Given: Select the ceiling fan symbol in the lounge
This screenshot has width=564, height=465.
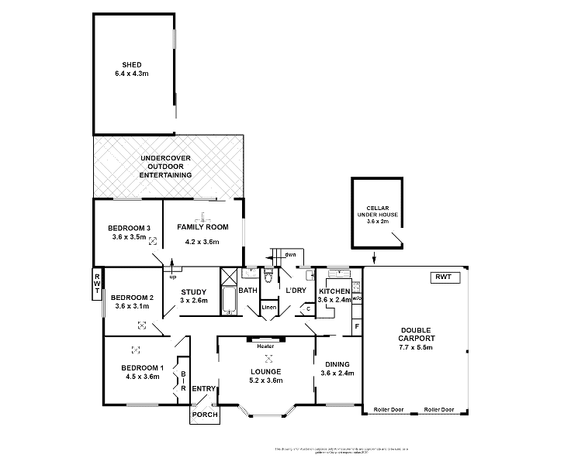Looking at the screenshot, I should [268, 358].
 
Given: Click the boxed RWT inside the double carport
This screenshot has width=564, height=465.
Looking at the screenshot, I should [443, 277].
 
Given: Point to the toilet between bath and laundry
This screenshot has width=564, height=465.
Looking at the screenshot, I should [268, 276].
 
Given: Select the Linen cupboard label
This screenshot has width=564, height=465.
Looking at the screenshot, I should [268, 308].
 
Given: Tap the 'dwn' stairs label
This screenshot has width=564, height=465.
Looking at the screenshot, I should [290, 254].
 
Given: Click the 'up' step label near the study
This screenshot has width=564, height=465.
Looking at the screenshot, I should [172, 276].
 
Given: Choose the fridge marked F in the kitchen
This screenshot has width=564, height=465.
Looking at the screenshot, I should [356, 327].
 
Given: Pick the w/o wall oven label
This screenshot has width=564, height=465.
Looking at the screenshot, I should [357, 297].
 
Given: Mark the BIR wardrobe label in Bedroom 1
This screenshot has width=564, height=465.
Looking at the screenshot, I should [183, 377].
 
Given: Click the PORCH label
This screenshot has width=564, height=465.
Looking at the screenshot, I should [205, 414].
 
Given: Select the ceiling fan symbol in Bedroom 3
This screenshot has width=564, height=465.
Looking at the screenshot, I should [152, 242].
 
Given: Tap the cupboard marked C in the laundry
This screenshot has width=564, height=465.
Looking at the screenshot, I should [308, 308].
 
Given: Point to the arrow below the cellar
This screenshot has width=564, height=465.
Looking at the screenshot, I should [374, 257].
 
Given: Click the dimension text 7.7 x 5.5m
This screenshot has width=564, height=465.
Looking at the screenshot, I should [417, 350].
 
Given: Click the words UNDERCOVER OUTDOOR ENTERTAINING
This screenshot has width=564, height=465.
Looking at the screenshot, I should [165, 167].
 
